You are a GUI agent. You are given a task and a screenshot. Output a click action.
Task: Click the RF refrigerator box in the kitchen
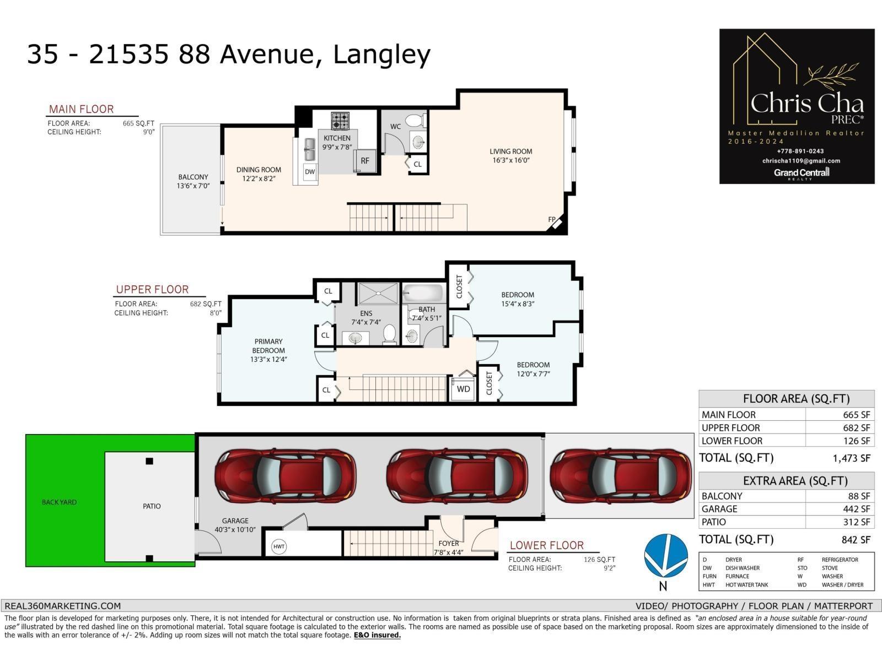tap(365, 160)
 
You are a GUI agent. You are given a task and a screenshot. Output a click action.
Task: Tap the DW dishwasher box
tap(310, 171)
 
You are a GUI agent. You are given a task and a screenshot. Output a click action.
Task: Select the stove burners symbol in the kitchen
tap(340, 120)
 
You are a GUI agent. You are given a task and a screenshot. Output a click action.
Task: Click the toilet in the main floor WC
tap(415, 120)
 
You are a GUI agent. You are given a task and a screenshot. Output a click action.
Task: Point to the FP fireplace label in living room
tap(552, 219)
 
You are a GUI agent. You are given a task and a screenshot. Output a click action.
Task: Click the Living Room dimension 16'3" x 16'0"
tap(511, 160)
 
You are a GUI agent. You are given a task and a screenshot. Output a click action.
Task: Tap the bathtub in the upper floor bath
tap(423, 292)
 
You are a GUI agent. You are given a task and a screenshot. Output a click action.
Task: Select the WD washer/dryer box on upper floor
tap(464, 389)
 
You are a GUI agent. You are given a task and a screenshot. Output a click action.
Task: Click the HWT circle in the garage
tap(279, 546)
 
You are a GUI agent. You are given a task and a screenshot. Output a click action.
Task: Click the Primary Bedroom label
tap(268, 346)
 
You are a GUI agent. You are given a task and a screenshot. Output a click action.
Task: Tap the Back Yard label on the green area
tap(60, 502)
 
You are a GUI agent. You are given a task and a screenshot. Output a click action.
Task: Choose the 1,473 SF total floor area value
tap(851, 458)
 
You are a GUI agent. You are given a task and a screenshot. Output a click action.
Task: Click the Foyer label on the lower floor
tap(448, 543)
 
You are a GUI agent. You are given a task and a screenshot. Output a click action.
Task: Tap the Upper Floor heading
tap(152, 289)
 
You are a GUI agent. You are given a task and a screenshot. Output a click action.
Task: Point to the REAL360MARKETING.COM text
tap(62, 606)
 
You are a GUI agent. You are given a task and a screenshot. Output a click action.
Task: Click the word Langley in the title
tap(381, 54)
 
